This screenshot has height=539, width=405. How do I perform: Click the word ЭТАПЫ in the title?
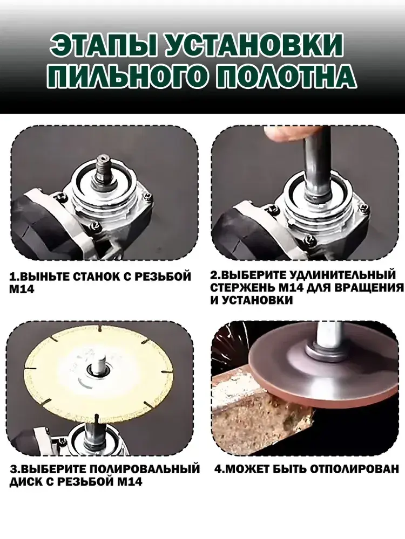point(103,45)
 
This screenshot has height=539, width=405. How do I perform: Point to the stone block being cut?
point(262,402)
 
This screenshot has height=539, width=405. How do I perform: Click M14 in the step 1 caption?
point(22,289)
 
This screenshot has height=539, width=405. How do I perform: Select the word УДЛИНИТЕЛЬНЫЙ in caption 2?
point(340,275)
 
